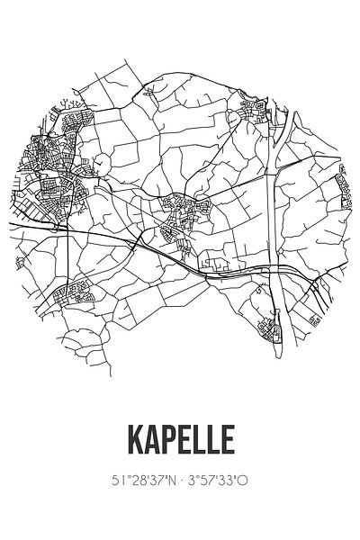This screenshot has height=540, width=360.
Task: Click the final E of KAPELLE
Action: click(x=229, y=440)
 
